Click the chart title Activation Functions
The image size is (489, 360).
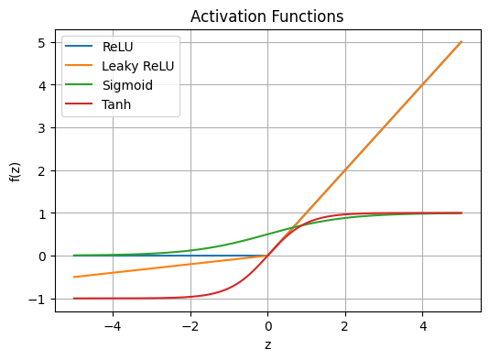[x=267, y=16]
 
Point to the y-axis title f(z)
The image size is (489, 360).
[x=16, y=170]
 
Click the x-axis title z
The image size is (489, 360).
[x=267, y=345]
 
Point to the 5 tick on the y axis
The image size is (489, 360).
[x=42, y=42]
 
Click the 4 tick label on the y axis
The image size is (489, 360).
[x=42, y=85]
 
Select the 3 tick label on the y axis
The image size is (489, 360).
[x=42, y=127]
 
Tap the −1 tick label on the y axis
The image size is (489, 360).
[x=38, y=299]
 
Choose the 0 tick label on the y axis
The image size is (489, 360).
[x=42, y=256]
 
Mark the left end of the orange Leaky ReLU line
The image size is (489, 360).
[x=74, y=277]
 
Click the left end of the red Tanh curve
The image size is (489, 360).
[x=74, y=298]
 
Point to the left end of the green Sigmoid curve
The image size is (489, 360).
[x=74, y=256]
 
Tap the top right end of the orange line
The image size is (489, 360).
[x=461, y=42]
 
